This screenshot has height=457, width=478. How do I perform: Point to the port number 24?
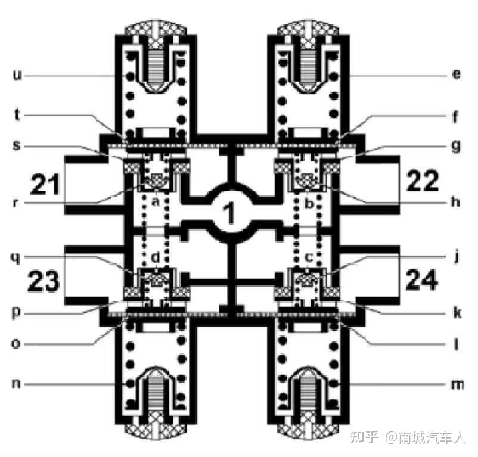click(x=424, y=278)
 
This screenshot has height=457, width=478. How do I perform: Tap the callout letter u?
click(x=17, y=76)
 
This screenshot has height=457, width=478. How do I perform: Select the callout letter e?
click(x=457, y=76)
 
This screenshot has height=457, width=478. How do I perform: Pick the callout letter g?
click(x=457, y=145)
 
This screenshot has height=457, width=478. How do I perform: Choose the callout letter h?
click(x=457, y=202)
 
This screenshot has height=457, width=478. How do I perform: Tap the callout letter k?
click(x=457, y=312)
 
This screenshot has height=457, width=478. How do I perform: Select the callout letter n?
click(x=17, y=384)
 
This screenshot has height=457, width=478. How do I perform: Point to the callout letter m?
click(x=457, y=385)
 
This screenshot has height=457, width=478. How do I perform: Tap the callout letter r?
click(x=17, y=202)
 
